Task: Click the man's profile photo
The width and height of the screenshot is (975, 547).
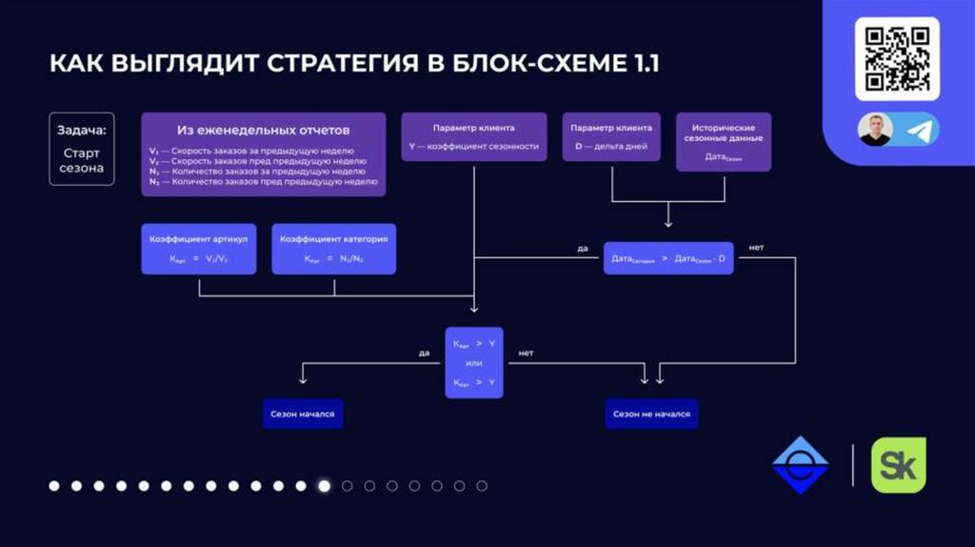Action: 875,130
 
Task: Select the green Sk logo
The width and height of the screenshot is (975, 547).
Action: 898,465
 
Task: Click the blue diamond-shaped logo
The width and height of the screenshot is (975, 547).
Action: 799,465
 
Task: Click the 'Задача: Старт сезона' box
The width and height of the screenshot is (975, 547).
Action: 82,149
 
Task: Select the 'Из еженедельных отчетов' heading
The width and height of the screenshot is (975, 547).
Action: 264,130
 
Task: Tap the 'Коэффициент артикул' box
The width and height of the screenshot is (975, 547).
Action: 199,249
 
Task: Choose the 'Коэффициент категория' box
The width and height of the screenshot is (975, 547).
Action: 333,249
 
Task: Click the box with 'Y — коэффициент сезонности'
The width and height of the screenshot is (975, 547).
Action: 474,137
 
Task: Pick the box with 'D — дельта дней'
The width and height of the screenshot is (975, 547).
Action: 611,137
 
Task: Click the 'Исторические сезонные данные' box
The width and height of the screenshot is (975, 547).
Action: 724,142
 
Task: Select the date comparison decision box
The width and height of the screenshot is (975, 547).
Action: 668,258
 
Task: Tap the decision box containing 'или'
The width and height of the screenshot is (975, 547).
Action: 474,362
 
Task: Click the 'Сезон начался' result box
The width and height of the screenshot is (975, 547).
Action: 303,415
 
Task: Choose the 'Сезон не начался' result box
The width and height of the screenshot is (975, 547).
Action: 651,415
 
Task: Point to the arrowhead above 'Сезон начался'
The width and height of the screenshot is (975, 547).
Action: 303,380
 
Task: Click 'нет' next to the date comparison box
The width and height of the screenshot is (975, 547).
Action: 756,248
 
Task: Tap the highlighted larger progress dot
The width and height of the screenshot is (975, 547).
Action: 325,486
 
